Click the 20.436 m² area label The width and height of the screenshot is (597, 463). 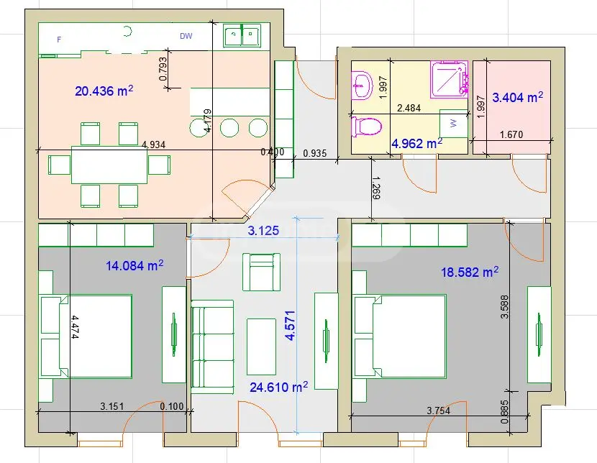click(104, 91)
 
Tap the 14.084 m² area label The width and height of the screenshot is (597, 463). click(135, 265)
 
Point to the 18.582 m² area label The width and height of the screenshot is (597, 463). click(470, 272)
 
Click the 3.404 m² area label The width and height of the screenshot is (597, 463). click(517, 96)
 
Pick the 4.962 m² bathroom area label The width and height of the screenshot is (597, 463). click(416, 143)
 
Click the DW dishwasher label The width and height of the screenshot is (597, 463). click(186, 36)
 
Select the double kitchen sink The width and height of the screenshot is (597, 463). click(242, 35)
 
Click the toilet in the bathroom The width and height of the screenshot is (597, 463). click(366, 127)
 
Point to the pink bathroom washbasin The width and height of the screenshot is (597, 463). click(362, 84)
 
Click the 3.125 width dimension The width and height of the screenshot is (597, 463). click(263, 232)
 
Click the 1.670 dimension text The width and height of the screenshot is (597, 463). click(511, 134)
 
